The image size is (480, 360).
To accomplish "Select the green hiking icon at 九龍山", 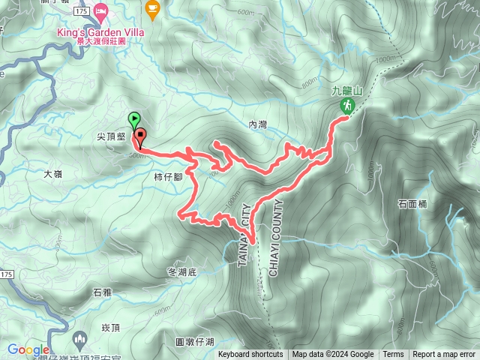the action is click(x=347, y=106).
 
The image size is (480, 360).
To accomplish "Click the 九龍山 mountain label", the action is click(x=347, y=91).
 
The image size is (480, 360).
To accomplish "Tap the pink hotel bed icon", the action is click(x=102, y=10).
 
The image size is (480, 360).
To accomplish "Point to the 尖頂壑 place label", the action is click(x=110, y=137).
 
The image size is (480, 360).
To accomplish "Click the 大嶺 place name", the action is click(x=53, y=173).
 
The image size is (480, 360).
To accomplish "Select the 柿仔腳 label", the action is click(x=168, y=178).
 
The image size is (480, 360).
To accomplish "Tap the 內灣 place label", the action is click(x=257, y=126).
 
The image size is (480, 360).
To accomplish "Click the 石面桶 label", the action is click(x=413, y=203).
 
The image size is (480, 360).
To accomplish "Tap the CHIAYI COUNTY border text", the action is click(x=273, y=238).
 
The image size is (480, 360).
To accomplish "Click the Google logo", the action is click(x=28, y=349).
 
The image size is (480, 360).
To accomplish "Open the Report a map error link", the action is click(x=444, y=355).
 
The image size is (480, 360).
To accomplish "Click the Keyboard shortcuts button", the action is click(x=250, y=355).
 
